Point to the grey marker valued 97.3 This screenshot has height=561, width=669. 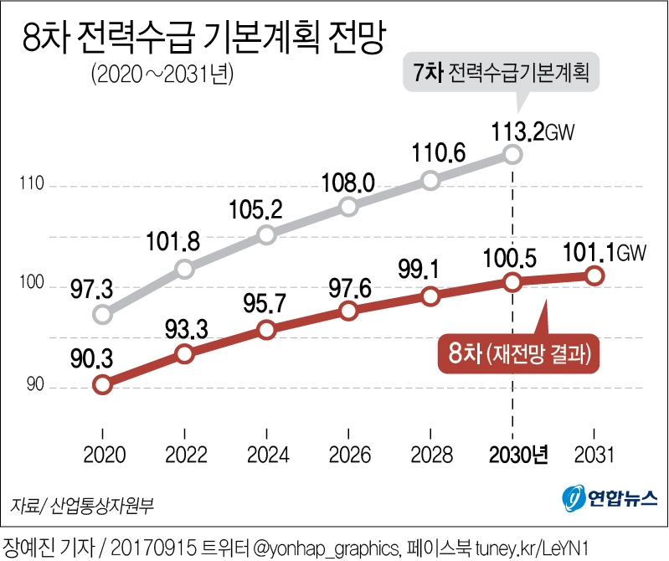pos(102,315)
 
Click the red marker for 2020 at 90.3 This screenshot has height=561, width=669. pos(102,385)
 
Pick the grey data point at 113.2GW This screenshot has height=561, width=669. pos(512,155)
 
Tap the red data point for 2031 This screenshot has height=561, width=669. pos(594,275)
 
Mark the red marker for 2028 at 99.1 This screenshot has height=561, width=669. pos(430,296)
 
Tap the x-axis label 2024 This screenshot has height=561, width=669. pos(265,455)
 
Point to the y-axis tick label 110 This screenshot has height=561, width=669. pos(31,186)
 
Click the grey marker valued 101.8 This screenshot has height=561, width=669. pos(184,269)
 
